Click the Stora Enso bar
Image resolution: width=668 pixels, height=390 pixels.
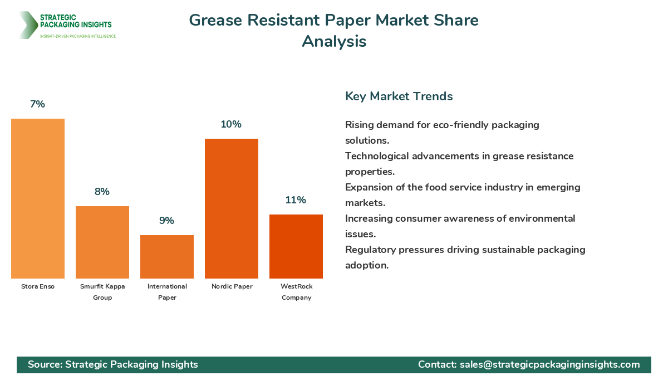click(38, 198)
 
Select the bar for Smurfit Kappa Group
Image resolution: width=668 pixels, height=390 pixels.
click(102, 242)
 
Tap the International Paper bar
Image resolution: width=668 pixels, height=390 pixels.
click(167, 257)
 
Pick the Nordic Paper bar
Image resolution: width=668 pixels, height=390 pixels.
click(232, 208)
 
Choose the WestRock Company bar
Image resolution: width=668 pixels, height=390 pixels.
click(296, 246)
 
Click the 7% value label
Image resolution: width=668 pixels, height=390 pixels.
click(37, 104)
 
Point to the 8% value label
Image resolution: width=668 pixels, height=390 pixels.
click(102, 192)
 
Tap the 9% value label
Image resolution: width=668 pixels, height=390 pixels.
click(166, 221)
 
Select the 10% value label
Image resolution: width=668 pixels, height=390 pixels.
click(231, 124)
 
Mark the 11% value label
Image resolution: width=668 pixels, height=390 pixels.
click(296, 200)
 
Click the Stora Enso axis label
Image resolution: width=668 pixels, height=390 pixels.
click(38, 286)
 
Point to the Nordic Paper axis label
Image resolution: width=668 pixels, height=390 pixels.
click(232, 286)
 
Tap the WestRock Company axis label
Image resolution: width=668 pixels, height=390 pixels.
click(296, 292)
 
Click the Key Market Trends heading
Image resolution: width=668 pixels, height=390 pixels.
click(399, 96)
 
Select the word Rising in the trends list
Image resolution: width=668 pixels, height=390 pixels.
click(359, 125)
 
